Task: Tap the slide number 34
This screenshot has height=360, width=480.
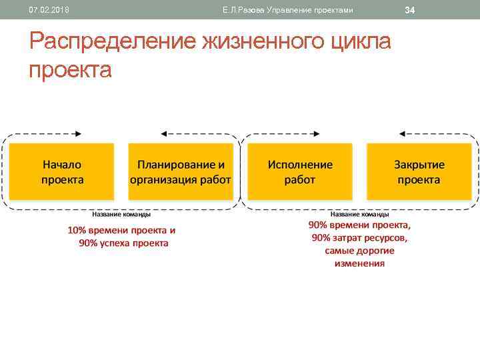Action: tap(410, 10)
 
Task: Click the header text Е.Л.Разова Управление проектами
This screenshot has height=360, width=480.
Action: tap(288, 10)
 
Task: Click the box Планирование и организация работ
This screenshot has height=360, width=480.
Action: tap(181, 172)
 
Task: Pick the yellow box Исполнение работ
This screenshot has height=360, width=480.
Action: tap(300, 172)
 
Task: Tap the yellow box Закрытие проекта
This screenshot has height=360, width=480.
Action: tap(419, 172)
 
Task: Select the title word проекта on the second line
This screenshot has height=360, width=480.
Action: tap(70, 69)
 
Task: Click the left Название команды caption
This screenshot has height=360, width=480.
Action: tap(121, 215)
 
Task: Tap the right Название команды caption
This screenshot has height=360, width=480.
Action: tap(360, 215)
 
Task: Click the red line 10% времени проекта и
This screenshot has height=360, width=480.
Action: tap(121, 231)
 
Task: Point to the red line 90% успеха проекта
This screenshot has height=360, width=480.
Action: tap(124, 243)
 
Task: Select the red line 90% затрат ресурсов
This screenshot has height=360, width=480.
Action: tap(359, 238)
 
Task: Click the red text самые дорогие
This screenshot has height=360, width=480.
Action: tap(359, 251)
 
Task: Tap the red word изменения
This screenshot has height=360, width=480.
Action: tap(359, 263)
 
